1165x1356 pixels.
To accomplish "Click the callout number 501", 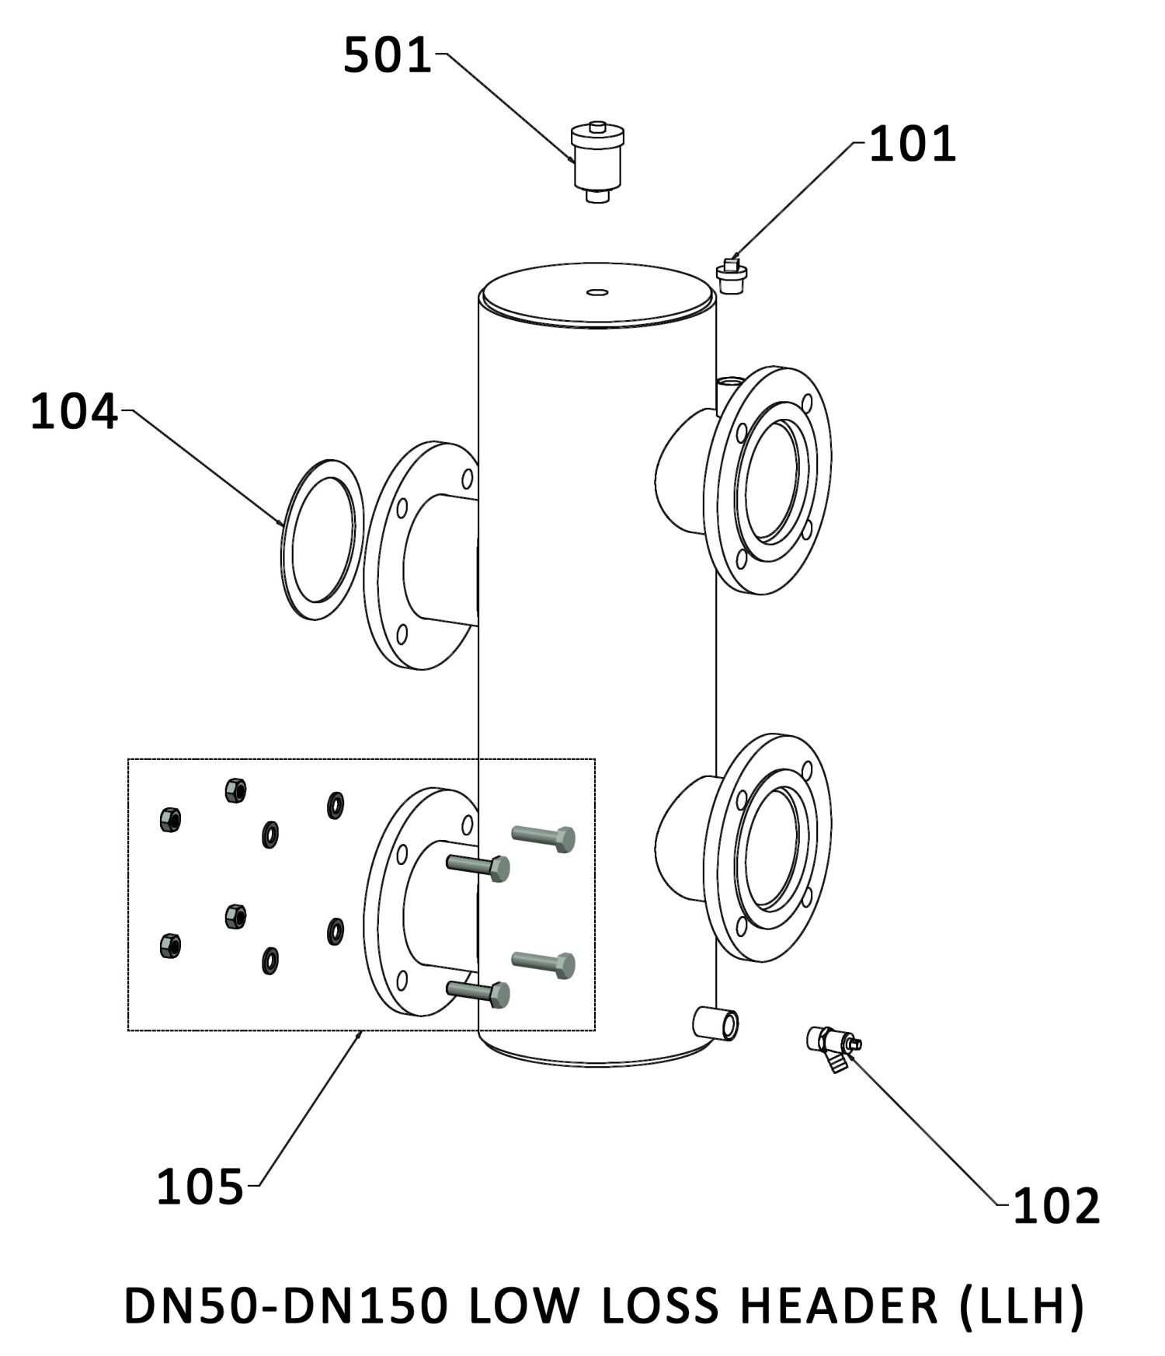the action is (388, 56).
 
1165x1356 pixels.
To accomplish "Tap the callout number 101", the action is (912, 145).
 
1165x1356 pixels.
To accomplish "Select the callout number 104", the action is (74, 411).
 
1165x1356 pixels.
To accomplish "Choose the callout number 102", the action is (1057, 1205).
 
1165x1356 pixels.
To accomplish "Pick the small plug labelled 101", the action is (731, 275).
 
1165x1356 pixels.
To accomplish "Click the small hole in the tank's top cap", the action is (597, 292).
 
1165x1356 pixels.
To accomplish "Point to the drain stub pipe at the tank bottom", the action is (715, 1023).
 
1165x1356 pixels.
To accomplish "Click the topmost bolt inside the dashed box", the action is (544, 838).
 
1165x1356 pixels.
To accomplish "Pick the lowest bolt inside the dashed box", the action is (478, 993).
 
